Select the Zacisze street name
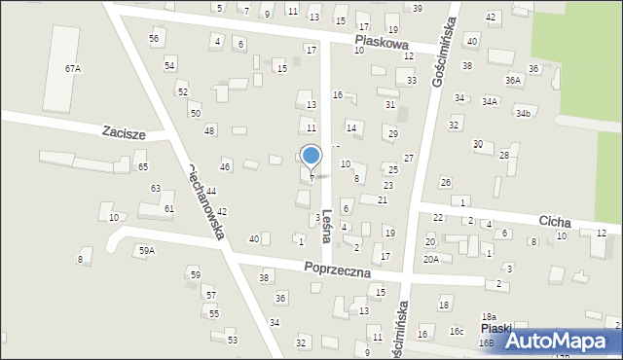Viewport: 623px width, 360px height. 124,132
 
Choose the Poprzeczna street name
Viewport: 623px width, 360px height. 337,270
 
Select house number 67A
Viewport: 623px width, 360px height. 73,69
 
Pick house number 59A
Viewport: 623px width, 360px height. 146,251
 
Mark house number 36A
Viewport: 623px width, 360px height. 513,80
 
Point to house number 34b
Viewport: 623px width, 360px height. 524,114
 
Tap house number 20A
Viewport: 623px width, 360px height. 431,259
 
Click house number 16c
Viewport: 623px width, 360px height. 456,332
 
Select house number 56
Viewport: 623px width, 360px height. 154,38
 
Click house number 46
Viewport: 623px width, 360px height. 225,167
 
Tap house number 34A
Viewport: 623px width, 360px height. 489,101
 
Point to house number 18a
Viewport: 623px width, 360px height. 489,317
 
